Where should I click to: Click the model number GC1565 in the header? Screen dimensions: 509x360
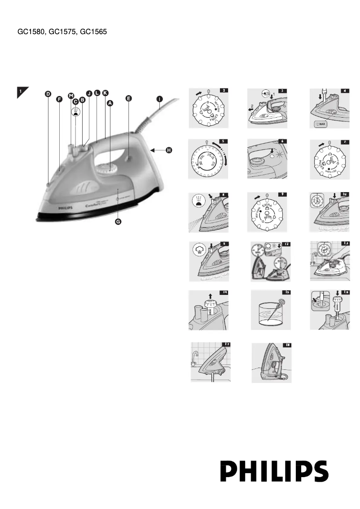93,32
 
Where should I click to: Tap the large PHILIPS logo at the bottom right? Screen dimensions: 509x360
274,470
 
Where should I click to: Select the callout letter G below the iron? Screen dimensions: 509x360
119,223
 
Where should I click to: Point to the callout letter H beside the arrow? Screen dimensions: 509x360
169,150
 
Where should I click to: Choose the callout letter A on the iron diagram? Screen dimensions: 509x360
110,103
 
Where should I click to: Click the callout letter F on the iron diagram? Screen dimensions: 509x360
59,100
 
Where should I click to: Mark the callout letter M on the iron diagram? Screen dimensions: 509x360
71,95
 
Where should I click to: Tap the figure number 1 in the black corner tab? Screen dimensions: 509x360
20,92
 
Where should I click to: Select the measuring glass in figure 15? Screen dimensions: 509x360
271,316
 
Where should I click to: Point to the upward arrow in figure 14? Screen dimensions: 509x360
209,295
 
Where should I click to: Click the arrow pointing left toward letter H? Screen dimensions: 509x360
158,150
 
